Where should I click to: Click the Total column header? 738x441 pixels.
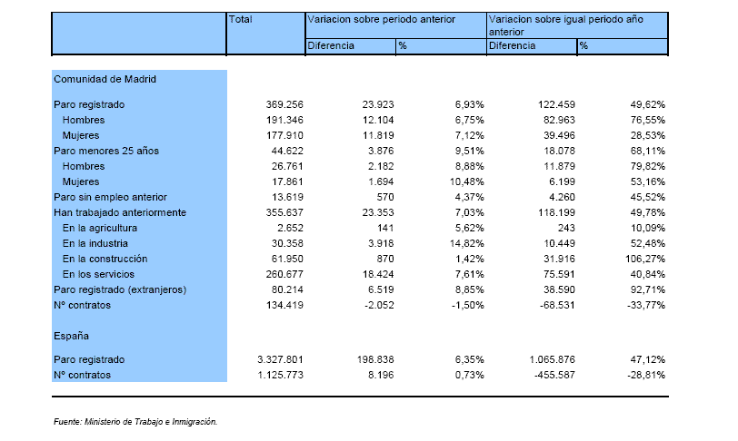click(240, 19)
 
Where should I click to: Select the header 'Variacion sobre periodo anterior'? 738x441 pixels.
click(381, 19)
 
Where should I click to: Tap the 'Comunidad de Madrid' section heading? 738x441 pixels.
click(105, 79)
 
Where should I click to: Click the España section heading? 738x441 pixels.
click(71, 336)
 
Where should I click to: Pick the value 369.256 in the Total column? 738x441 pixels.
click(284, 104)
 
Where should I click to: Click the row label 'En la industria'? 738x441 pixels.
click(95, 243)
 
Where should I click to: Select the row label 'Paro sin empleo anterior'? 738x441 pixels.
click(110, 197)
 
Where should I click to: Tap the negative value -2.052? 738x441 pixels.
click(379, 305)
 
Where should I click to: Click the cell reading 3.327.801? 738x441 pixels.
click(280, 359)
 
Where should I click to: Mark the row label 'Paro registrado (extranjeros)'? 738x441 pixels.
click(120, 289)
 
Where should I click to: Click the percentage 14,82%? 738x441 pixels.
click(467, 243)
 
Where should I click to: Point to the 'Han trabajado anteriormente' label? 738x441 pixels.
click(120, 212)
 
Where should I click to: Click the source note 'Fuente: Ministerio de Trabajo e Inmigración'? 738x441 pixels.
click(135, 422)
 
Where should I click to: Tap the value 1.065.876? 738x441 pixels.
click(552, 359)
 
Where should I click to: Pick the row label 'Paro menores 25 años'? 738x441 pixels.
click(106, 151)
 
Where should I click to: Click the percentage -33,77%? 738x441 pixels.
click(646, 305)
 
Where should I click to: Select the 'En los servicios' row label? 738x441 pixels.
click(98, 274)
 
